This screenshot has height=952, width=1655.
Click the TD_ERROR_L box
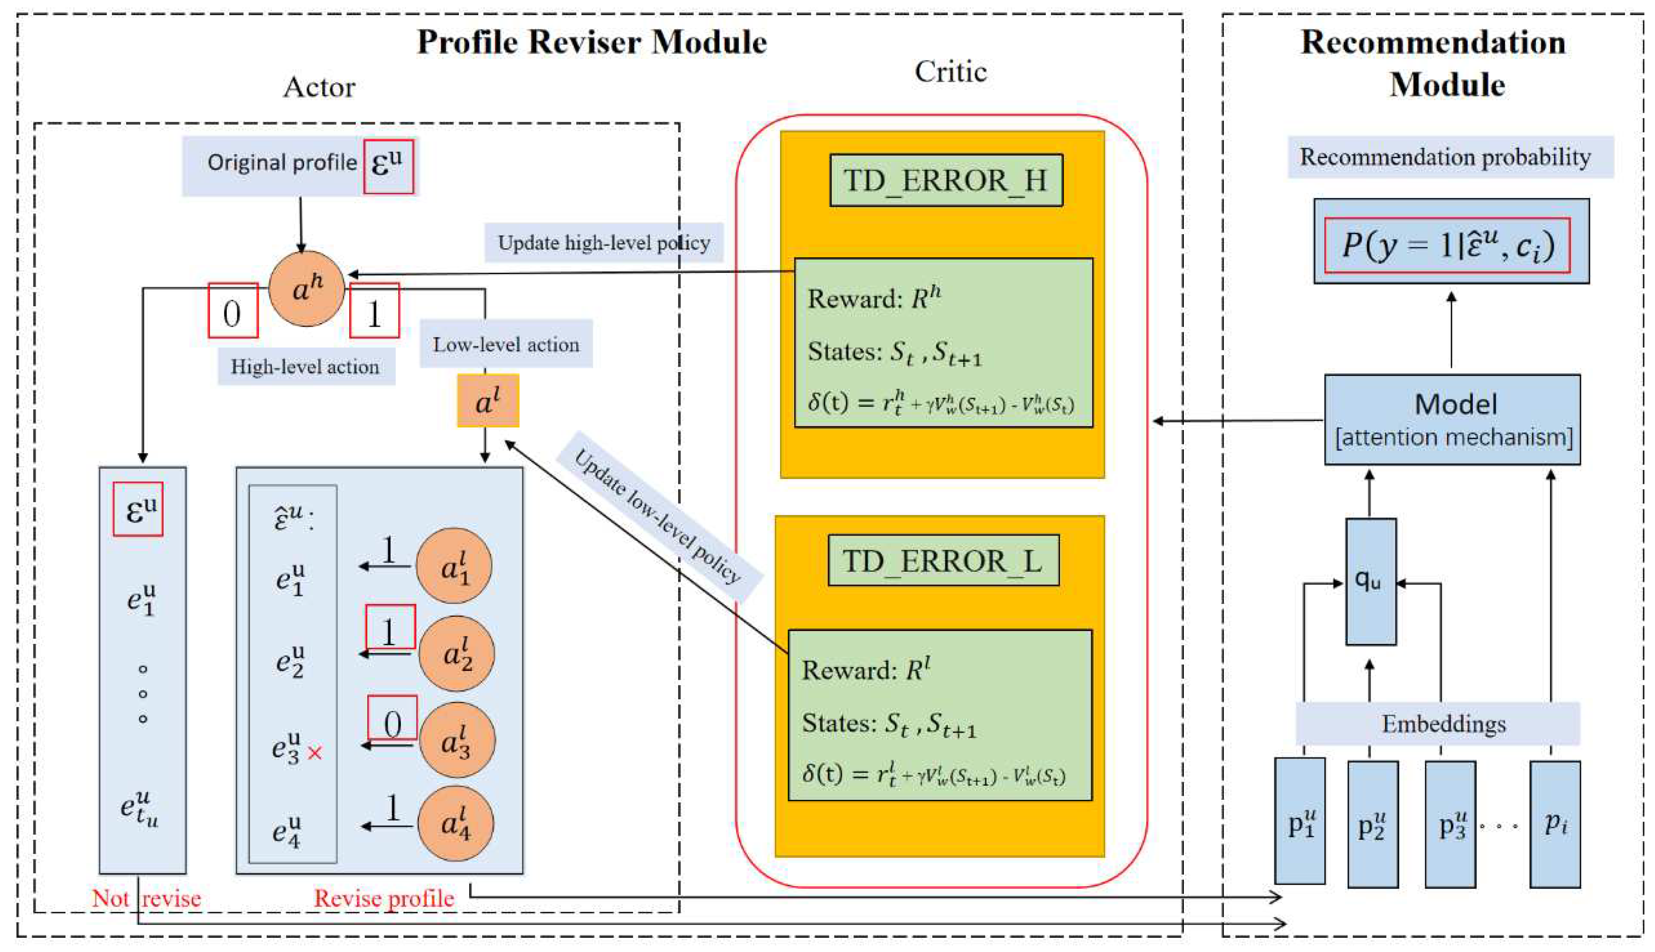[x=943, y=560]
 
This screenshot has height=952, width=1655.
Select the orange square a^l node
[x=488, y=401]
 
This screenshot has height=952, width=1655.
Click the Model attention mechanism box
[x=1452, y=420]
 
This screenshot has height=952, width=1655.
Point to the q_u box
[x=1370, y=581]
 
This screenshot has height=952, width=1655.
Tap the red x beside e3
[x=315, y=753]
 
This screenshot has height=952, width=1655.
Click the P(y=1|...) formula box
[x=1447, y=245]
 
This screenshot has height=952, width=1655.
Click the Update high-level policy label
[x=603, y=243]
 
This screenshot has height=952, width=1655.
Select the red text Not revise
[x=146, y=898]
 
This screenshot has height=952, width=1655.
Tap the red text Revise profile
[x=384, y=898]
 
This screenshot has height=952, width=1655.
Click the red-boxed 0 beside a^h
[x=233, y=311]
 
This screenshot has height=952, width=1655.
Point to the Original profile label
[x=281, y=162]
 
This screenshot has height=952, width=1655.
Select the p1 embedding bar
[x=1300, y=821]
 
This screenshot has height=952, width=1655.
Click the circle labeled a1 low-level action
[x=454, y=566]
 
